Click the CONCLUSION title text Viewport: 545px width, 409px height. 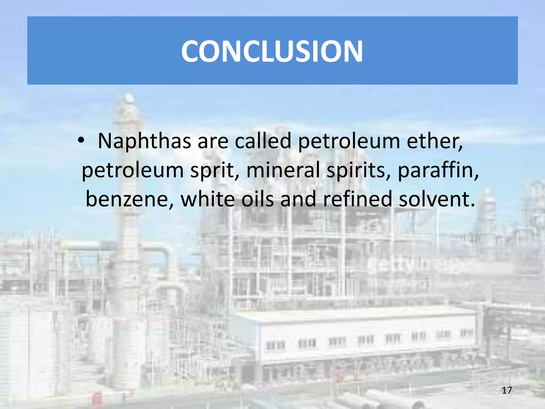(272, 51)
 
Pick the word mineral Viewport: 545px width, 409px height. (283, 170)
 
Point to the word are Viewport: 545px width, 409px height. (213, 141)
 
